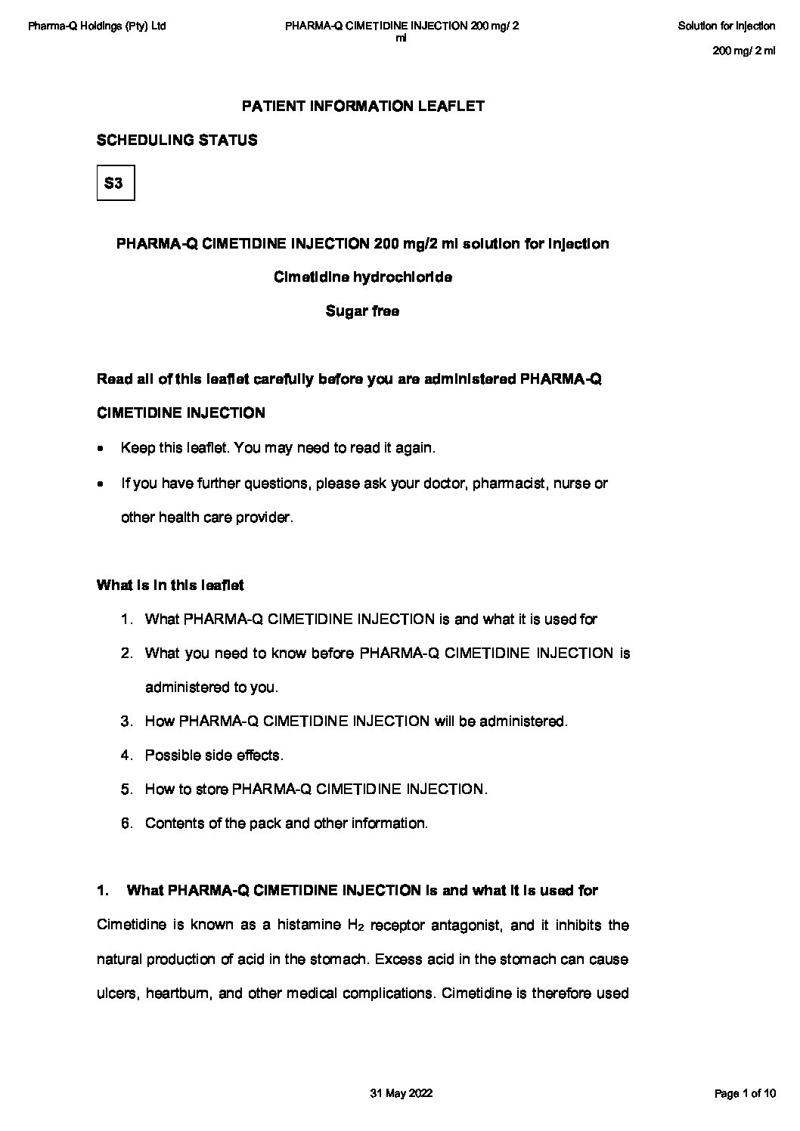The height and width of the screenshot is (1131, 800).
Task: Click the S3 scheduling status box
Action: pyautogui.click(x=116, y=183)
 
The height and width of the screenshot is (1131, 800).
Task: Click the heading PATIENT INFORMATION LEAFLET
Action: pyautogui.click(x=363, y=107)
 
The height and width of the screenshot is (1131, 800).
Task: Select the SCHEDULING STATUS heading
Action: pyautogui.click(x=177, y=141)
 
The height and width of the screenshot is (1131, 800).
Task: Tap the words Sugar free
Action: pyautogui.click(x=362, y=311)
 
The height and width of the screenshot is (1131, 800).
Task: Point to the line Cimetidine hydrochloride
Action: pyautogui.click(x=363, y=277)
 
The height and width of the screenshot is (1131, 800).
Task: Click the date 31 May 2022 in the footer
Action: pyautogui.click(x=402, y=1094)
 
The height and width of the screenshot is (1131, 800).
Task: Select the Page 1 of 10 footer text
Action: pyautogui.click(x=745, y=1094)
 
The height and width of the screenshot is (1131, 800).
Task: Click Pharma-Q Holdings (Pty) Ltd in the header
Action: pyautogui.click(x=97, y=26)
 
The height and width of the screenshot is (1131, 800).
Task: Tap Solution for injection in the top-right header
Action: pyautogui.click(x=726, y=26)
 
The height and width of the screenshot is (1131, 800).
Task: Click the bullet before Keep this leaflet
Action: pyautogui.click(x=101, y=449)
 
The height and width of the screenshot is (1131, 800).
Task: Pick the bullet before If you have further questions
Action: pyautogui.click(x=101, y=484)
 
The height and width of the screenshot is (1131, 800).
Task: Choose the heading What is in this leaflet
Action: pyautogui.click(x=170, y=586)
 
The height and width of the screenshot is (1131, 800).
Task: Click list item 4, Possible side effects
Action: pyautogui.click(x=214, y=756)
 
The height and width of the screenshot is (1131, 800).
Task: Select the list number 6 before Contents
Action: pyautogui.click(x=126, y=824)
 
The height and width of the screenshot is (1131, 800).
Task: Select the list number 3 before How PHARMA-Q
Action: pyautogui.click(x=126, y=722)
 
